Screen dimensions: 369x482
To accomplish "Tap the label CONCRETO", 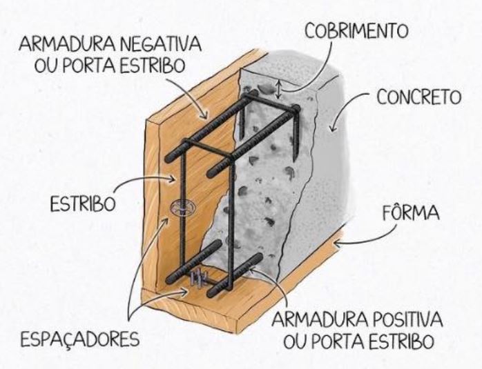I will [418, 97].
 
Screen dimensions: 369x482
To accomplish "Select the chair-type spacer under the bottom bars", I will [198, 278].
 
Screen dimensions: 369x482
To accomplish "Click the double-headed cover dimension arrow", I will [279, 89].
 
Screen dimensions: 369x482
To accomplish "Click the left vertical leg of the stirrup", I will [182, 235].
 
